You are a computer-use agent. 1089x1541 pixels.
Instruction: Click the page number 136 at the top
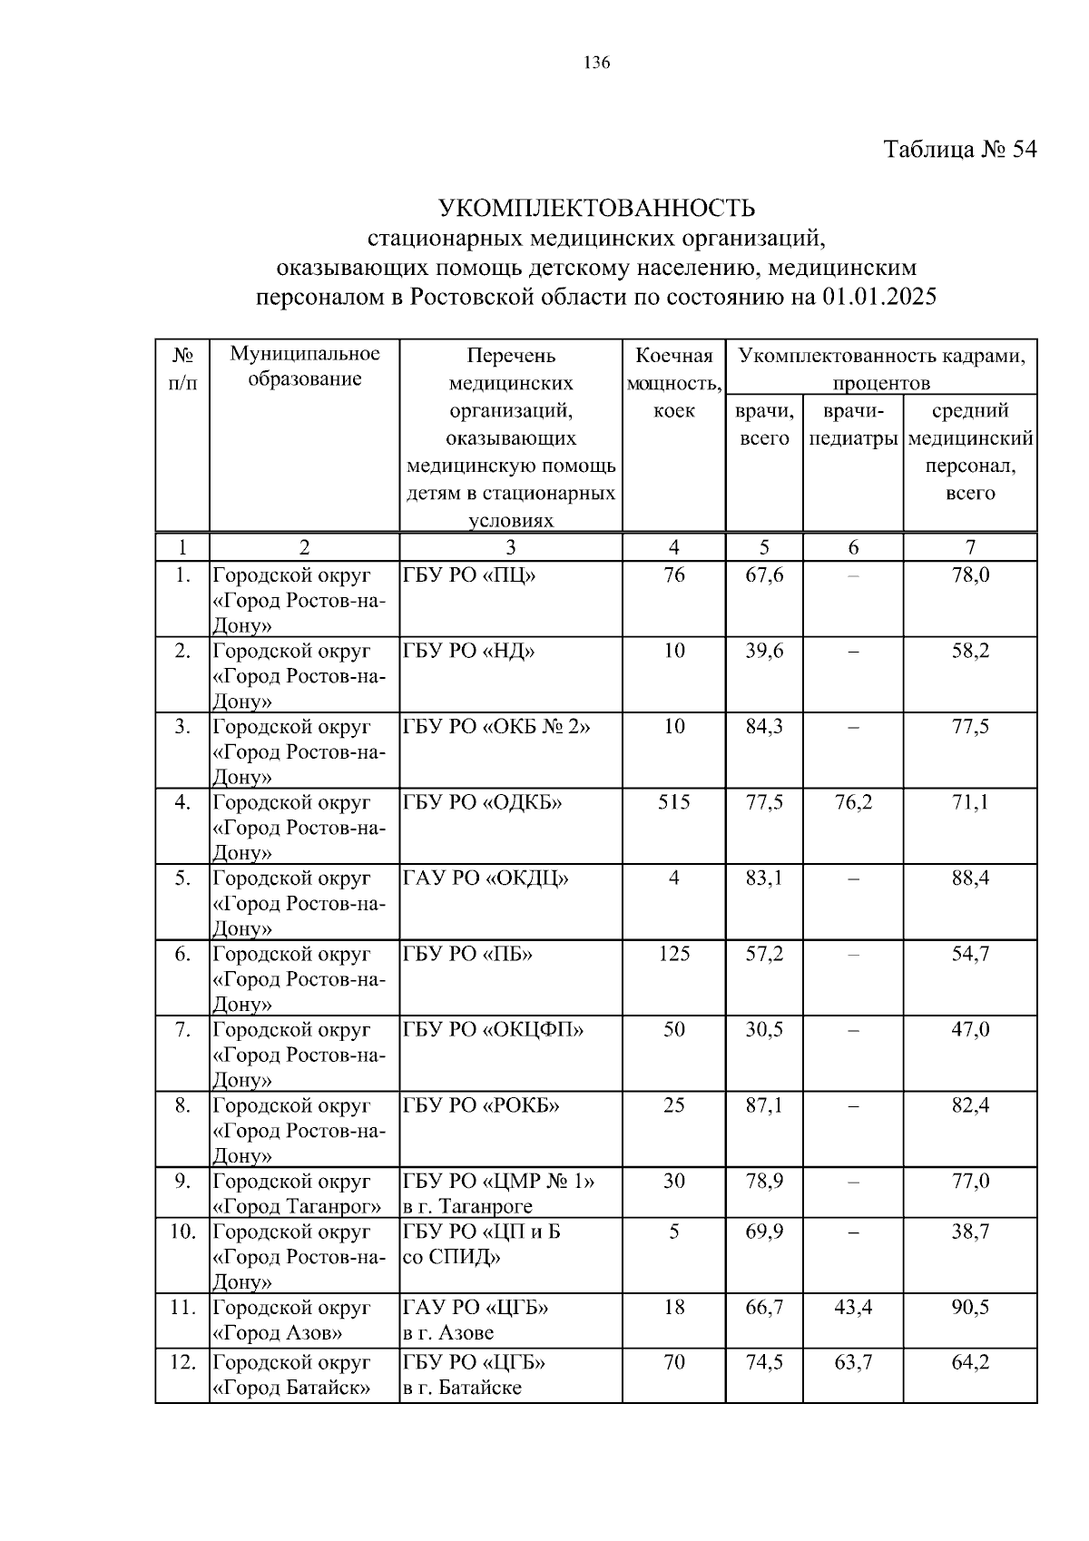coord(597,63)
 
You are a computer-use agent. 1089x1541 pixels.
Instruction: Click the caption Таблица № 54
coord(959,150)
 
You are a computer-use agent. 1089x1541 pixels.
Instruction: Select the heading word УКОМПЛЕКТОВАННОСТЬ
coord(596,209)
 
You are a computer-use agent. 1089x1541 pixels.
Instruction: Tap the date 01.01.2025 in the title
coord(879,297)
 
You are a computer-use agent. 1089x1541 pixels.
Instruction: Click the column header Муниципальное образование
coord(305,367)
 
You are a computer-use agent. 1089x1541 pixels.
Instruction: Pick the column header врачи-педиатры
coord(853,425)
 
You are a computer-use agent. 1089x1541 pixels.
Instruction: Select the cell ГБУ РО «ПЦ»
coord(469,575)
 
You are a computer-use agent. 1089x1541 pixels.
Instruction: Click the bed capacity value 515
coord(673,802)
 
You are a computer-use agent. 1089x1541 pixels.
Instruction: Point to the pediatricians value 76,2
coord(853,802)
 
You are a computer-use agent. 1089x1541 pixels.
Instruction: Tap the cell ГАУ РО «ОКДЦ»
coord(486,878)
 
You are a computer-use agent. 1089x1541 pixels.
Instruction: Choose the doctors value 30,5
coord(764,1030)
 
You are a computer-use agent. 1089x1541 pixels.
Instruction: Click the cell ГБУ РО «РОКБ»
coord(481,1105)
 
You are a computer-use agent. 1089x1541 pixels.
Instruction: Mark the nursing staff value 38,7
coord(970,1232)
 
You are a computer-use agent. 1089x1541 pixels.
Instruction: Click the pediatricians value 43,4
coord(853,1308)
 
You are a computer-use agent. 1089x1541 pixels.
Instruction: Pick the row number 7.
coord(182,1030)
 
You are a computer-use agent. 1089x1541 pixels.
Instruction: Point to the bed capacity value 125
coord(673,954)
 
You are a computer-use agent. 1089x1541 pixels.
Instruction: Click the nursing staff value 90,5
coord(970,1308)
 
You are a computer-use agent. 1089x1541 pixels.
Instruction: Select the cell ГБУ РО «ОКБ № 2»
coord(495,727)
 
